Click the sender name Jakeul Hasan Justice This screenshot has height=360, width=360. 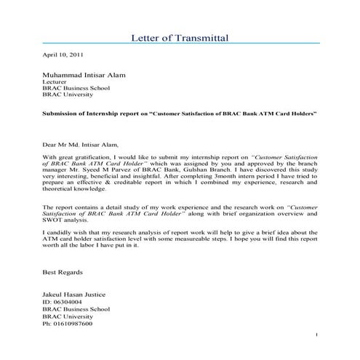tap(79, 294)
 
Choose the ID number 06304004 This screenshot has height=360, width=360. tap(67, 301)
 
